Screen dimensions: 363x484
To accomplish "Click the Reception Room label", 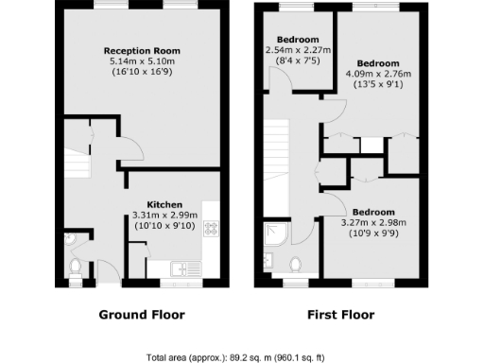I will [142, 50].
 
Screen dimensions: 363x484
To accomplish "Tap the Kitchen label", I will [164, 203].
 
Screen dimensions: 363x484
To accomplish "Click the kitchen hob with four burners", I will [210, 227].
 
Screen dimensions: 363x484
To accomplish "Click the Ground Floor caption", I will [142, 315].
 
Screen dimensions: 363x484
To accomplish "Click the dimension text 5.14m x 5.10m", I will [142, 60].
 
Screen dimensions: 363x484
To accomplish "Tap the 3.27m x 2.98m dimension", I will [377, 222].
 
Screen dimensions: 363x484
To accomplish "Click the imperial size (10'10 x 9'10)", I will [164, 225].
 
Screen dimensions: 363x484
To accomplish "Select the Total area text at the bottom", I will [242, 358].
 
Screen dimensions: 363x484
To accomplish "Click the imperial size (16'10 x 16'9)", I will [142, 71].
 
